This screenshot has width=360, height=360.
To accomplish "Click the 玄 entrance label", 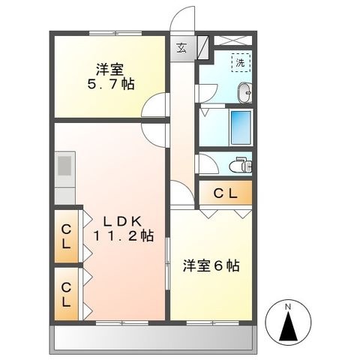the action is coord(181,48).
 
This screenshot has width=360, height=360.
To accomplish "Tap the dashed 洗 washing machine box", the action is coord(241,62).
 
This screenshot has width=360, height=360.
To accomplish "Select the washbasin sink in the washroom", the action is coord(245,92).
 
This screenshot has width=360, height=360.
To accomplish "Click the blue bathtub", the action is coord(241,127).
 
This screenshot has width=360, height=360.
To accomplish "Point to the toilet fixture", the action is coord(241,165).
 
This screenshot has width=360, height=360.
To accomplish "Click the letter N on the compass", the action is coord(288,307).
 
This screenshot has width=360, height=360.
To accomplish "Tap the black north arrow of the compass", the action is coord(288,326).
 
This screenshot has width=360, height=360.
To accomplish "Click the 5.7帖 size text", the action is coord(111,84).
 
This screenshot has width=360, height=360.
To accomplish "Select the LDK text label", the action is coord(122,221).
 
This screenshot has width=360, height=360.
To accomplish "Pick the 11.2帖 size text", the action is coord(124,235).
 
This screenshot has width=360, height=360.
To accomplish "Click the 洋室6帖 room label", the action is coord(211,265).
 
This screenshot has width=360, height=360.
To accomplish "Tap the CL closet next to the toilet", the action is coord(226,193).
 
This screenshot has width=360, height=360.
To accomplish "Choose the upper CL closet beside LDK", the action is coord(67,236).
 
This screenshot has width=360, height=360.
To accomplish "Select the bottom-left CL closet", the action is coord(67,294).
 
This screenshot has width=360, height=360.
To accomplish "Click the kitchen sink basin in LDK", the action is coord(64,166).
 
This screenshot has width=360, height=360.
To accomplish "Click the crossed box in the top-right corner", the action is coord(233,40).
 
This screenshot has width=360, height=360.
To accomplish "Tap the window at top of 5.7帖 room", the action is coord(115,33).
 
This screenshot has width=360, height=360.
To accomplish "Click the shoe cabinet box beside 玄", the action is coord(203,48).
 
